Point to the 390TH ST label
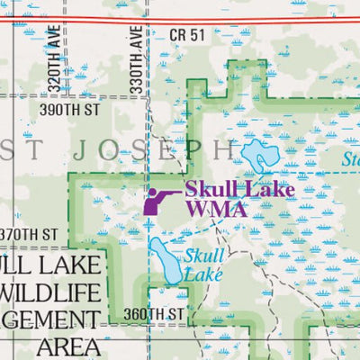tap(67, 110)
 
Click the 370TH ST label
tap(29, 234)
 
